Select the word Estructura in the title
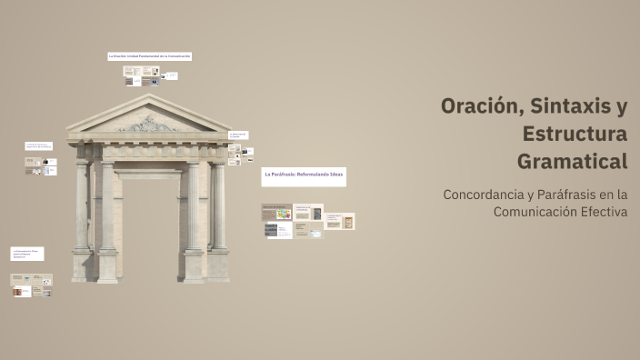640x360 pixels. (x=575, y=135)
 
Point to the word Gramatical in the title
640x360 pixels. (x=573, y=162)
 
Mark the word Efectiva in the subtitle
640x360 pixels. (x=609, y=212)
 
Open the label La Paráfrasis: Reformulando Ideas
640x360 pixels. (x=304, y=175)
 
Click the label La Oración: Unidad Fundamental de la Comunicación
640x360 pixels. (x=149, y=56)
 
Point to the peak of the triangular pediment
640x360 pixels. (x=148, y=96)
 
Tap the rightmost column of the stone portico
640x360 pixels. (x=218, y=209)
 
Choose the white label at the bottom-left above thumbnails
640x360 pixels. (x=27, y=254)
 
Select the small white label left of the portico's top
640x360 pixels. (x=39, y=145)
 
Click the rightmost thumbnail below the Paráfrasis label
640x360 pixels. (x=340, y=221)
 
